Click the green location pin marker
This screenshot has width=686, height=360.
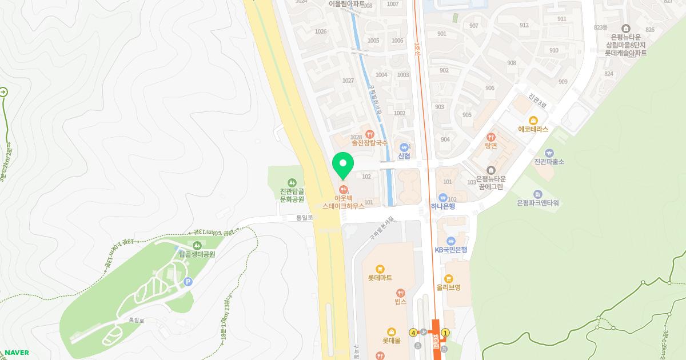point(343,165)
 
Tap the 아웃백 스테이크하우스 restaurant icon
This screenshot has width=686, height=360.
point(343,189)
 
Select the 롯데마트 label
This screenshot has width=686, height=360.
point(380,278)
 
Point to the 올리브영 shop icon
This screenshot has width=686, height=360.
point(449,278)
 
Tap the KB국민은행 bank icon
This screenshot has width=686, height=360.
point(451,241)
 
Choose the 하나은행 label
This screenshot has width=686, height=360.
point(443,206)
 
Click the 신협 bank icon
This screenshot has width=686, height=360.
point(404,146)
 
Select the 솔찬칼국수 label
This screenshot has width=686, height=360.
point(369,142)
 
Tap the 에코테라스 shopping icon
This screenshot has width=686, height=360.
point(533,120)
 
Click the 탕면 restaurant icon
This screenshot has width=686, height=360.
point(491,137)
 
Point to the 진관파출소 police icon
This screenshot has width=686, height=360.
point(549,153)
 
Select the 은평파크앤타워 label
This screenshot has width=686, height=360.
point(537,203)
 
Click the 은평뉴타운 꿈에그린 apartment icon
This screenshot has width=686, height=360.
point(490,170)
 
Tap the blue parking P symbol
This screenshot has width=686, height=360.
point(188,282)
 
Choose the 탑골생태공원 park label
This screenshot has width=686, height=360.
point(197,254)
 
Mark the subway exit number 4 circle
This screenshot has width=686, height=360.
point(413,333)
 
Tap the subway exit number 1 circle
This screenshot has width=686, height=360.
point(445,333)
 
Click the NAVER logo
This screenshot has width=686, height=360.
point(17,353)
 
